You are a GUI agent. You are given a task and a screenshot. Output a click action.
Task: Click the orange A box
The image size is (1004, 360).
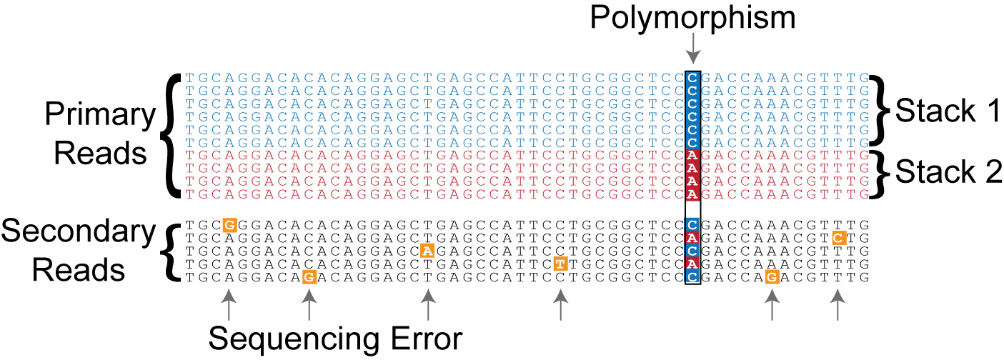(x=427, y=251)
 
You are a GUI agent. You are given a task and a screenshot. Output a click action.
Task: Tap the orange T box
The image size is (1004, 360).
(x=560, y=264)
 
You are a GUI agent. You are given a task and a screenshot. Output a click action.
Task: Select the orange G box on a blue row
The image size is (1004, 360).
(x=229, y=225)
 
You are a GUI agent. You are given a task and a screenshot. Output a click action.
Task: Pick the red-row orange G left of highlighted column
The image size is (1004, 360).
(x=309, y=277)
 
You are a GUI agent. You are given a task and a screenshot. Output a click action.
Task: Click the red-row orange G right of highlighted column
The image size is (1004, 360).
(x=772, y=277)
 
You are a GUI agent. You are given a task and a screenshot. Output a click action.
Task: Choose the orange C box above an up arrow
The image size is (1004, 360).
(x=839, y=238)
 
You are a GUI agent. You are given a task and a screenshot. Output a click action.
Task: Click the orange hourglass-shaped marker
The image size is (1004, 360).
(x=229, y=342)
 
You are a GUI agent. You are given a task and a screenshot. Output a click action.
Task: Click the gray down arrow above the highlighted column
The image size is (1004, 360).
(x=692, y=49)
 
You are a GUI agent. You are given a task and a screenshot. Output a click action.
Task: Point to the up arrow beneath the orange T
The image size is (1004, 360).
(x=560, y=303)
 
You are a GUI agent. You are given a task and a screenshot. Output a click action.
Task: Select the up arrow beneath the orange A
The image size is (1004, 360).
(x=427, y=303)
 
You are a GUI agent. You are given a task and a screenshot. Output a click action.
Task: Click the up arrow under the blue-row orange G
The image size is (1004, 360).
(x=229, y=303)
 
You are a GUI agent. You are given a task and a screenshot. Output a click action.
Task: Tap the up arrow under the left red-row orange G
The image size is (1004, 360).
(x=309, y=303)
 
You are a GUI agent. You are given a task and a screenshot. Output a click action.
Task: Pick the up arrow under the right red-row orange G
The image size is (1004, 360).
(x=772, y=303)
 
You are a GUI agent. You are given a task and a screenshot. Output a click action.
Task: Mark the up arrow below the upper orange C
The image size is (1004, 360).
(x=838, y=303)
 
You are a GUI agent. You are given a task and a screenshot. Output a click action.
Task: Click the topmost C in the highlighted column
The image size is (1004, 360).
(x=692, y=78)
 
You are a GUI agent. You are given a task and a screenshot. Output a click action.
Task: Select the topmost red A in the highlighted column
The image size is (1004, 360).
(x=692, y=155)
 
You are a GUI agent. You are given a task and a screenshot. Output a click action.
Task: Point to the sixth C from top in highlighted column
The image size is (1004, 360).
(x=692, y=142)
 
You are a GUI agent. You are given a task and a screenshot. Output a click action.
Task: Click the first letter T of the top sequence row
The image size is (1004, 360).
(x=189, y=78)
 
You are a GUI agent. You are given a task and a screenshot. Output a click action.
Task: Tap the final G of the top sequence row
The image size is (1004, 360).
(x=865, y=78)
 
